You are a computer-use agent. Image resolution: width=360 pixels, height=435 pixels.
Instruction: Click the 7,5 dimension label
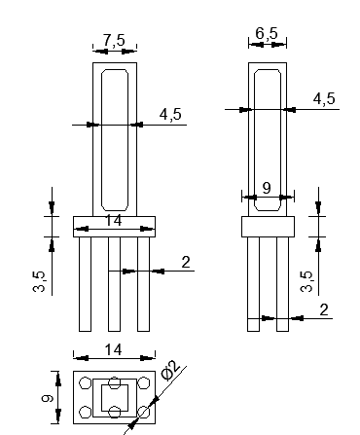coord(114,41)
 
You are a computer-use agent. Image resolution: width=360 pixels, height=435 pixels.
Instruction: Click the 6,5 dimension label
coord(267,33)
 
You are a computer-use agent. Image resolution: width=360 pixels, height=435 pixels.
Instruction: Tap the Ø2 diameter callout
coord(170,370)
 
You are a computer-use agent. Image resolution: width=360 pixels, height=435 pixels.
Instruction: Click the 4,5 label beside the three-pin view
coord(170,115)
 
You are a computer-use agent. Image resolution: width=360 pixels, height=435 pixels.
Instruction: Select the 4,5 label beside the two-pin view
coord(324,98)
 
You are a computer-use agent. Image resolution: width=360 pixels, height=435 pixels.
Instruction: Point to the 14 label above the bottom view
coord(114,350)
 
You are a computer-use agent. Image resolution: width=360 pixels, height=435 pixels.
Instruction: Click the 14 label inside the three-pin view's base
coord(114,221)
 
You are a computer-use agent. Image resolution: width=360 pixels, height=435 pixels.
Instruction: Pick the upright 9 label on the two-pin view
coord(267,188)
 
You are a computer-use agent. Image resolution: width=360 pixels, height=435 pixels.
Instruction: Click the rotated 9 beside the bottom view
coord(48,398)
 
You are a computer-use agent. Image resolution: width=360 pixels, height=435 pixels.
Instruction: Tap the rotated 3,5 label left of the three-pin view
coord(40,281)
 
